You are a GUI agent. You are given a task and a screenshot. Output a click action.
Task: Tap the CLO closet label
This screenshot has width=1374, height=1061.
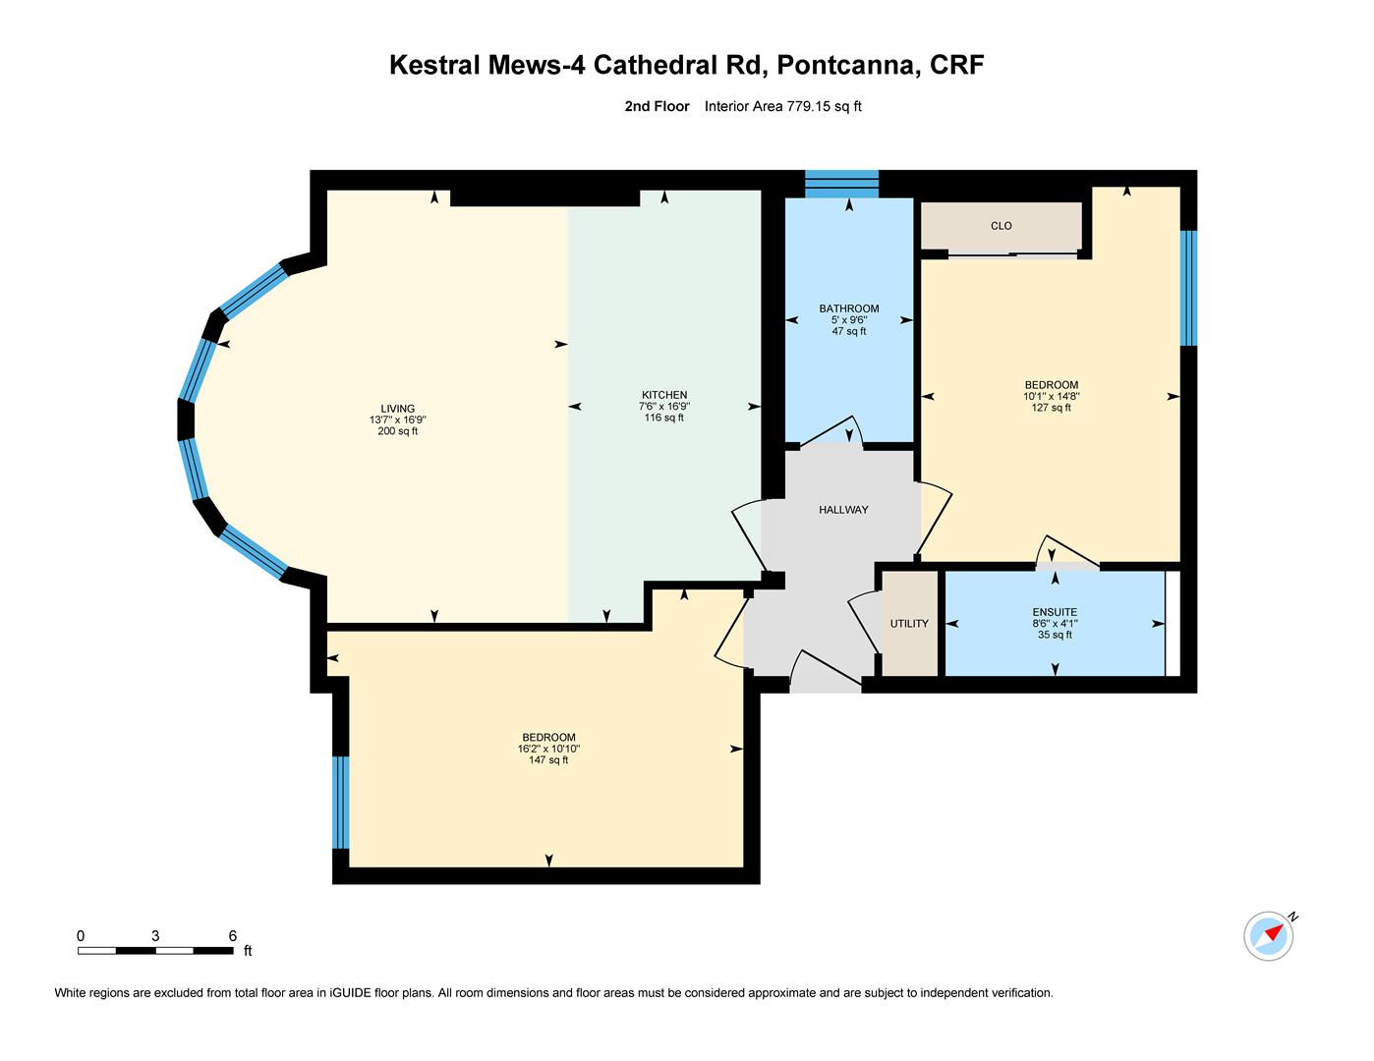1001,226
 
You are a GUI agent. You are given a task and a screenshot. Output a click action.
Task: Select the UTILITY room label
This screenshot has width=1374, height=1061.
909,623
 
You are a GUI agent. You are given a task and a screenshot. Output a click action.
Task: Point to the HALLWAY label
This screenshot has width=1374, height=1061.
843,509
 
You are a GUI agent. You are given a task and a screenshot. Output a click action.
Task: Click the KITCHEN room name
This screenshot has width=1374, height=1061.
664,394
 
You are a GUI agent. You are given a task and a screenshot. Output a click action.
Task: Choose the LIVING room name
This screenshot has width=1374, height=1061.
398,409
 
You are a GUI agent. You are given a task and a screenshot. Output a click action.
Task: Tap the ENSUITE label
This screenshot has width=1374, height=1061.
1055,612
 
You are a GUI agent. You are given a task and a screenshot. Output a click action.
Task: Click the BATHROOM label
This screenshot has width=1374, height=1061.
849,308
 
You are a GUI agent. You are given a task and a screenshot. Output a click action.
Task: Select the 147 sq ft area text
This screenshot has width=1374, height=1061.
548,759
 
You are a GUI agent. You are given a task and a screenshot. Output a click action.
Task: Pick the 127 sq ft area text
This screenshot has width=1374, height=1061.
1052,408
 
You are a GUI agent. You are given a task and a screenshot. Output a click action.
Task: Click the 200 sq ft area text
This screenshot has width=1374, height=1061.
398,431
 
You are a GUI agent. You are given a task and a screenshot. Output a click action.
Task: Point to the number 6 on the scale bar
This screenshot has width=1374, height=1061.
233,936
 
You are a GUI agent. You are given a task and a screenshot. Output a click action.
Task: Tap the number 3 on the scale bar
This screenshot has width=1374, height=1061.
155,936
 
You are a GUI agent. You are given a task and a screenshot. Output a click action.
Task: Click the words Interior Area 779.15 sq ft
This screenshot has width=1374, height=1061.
782,106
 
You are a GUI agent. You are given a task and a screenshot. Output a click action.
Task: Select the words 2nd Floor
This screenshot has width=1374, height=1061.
657,106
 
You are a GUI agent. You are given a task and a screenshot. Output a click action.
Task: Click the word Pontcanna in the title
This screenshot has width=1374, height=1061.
848,65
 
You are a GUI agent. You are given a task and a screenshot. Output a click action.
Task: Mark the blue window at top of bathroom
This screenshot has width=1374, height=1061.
841,184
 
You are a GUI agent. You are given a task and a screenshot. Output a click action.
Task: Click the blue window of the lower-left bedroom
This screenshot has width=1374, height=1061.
341,802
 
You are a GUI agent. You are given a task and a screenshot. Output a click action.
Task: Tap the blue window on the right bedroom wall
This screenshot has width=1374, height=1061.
1188,288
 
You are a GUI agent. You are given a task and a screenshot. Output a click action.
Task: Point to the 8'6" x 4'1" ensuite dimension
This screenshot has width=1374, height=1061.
1055,623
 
